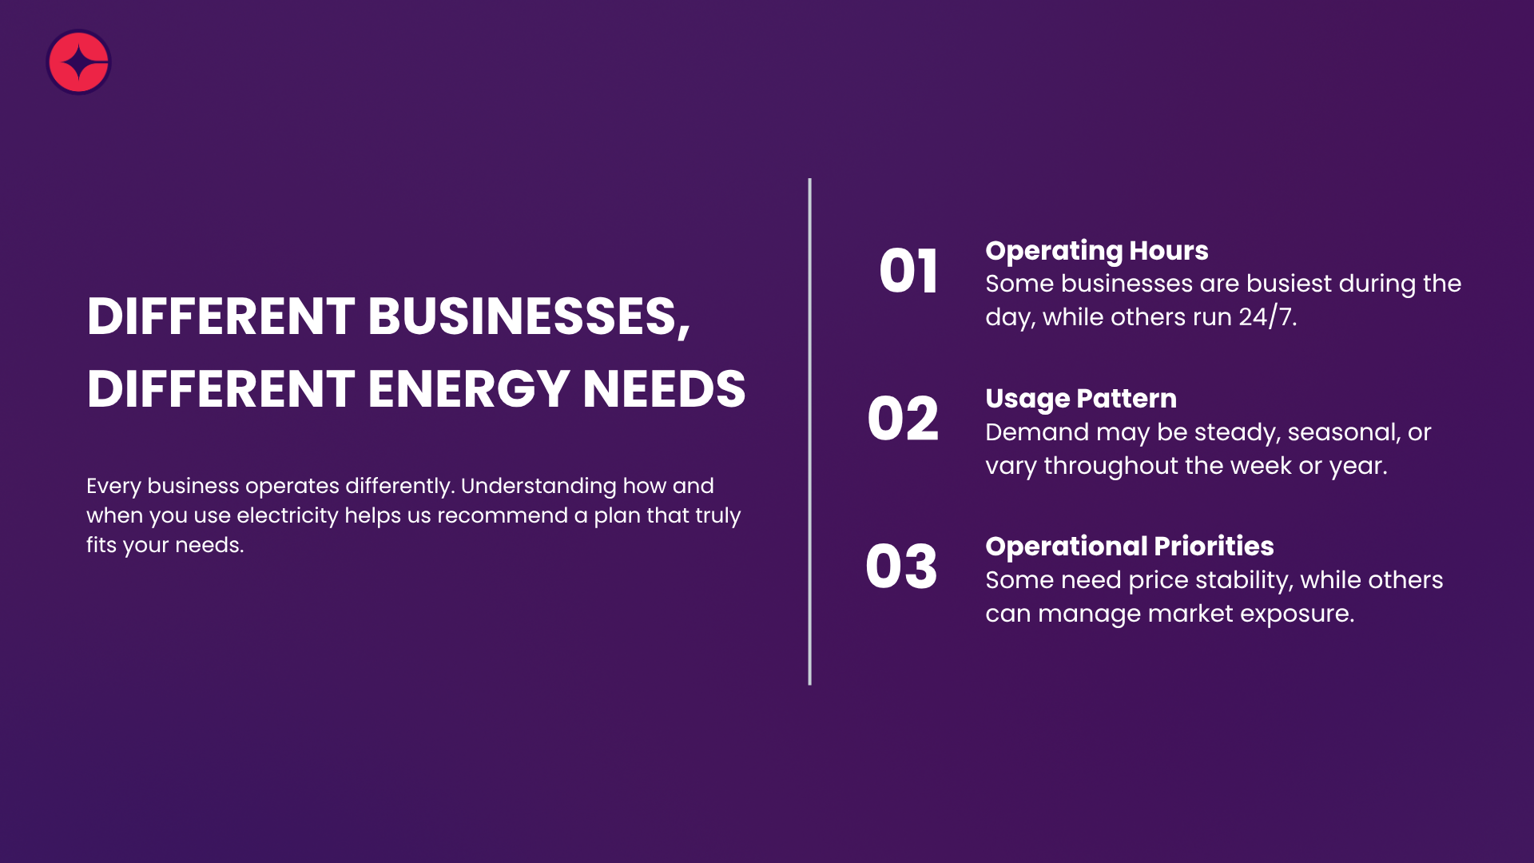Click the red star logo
click(x=78, y=62)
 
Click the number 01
click(x=908, y=272)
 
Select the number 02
click(x=903, y=419)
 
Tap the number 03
click(x=901, y=567)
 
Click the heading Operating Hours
click(x=1096, y=251)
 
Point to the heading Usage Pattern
click(x=1080, y=399)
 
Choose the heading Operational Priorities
click(x=1129, y=547)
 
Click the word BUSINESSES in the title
click(x=529, y=316)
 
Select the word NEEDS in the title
click(x=664, y=389)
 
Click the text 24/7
click(x=1267, y=317)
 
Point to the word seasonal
click(x=1343, y=432)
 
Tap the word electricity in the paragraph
click(x=288, y=516)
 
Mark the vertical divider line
click(x=809, y=431)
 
